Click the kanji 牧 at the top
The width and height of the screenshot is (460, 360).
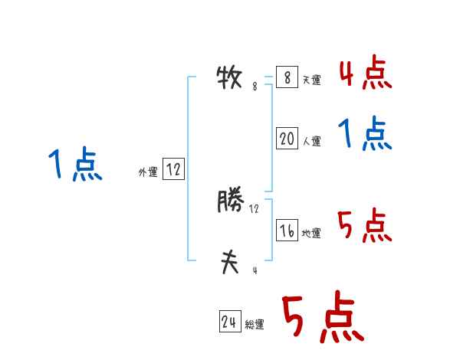pyautogui.click(x=229, y=78)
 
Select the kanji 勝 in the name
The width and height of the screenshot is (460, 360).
pyautogui.click(x=230, y=202)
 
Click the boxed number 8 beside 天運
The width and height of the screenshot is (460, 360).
pyautogui.click(x=286, y=78)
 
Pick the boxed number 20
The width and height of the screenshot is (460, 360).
pyautogui.click(x=287, y=139)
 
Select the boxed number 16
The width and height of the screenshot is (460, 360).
pyautogui.click(x=287, y=231)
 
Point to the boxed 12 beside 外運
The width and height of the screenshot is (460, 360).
pyautogui.click(x=173, y=170)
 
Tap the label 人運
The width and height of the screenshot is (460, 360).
pyautogui.click(x=311, y=141)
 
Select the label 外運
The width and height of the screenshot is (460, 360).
pyautogui.click(x=148, y=172)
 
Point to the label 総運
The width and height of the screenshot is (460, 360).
pyautogui.click(x=254, y=325)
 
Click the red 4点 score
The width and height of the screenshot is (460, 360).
pyautogui.click(x=366, y=74)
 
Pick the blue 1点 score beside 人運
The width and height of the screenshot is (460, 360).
pyautogui.click(x=365, y=136)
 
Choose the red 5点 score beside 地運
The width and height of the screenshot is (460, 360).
pyautogui.click(x=365, y=226)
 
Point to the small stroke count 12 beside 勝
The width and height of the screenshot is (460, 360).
pyautogui.click(x=255, y=208)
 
